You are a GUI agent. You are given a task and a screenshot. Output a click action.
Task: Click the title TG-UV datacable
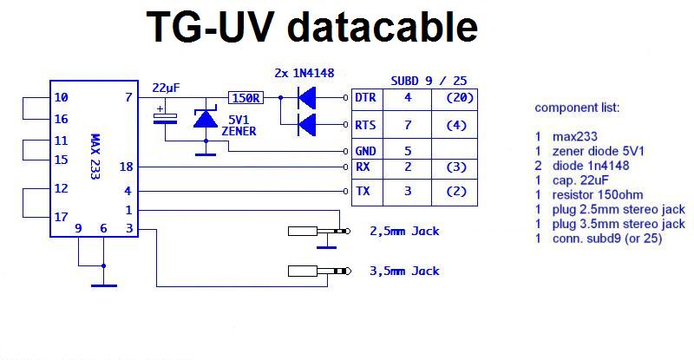(313, 27)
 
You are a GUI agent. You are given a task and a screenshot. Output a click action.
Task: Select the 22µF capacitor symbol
(165, 116)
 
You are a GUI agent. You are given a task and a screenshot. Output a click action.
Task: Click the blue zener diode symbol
(206, 118)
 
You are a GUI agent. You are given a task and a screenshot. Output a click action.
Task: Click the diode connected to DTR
(305, 98)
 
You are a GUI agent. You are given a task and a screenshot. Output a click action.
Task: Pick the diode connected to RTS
(305, 126)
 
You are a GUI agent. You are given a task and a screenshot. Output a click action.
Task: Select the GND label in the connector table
(365, 149)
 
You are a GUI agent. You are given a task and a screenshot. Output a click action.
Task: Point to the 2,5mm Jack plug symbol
(317, 232)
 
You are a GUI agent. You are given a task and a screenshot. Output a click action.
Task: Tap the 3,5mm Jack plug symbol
(317, 272)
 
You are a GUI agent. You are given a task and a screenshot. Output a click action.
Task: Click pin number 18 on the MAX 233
(126, 167)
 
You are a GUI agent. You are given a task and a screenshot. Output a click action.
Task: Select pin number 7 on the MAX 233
(129, 98)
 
